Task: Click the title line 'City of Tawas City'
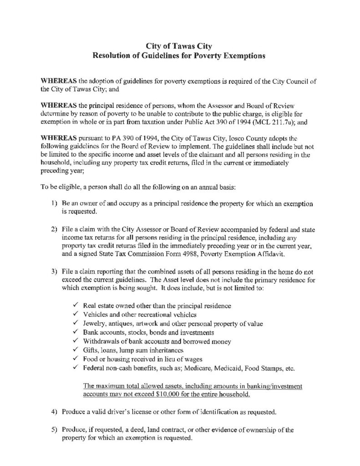(x=180, y=46)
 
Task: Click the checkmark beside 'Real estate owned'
(x=75, y=304)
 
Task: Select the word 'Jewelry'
(x=95, y=323)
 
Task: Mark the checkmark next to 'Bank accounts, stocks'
(x=75, y=332)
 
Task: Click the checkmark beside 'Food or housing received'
(x=75, y=360)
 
